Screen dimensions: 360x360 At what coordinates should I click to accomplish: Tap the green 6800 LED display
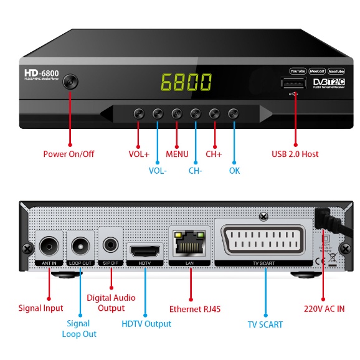click(x=186, y=82)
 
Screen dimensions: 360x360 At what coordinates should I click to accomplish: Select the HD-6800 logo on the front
click(x=42, y=73)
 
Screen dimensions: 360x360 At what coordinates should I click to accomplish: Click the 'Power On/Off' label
click(x=69, y=154)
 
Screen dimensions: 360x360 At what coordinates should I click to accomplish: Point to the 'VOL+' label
click(x=139, y=154)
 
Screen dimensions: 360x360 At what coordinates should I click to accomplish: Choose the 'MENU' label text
click(x=177, y=154)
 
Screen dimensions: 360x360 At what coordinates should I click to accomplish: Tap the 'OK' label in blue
click(x=234, y=171)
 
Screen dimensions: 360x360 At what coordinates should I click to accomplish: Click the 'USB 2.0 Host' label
click(x=296, y=154)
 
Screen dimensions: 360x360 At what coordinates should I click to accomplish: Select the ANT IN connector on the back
click(x=50, y=247)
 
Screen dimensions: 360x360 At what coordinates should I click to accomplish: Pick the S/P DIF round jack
click(x=111, y=245)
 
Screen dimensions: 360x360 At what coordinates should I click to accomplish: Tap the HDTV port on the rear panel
click(x=145, y=252)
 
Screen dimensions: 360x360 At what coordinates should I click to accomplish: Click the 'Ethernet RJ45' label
click(x=195, y=308)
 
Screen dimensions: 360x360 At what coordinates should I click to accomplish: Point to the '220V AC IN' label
click(x=324, y=308)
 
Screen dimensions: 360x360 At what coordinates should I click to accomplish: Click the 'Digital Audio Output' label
click(x=111, y=303)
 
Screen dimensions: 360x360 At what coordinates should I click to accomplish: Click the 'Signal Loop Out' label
click(x=79, y=328)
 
